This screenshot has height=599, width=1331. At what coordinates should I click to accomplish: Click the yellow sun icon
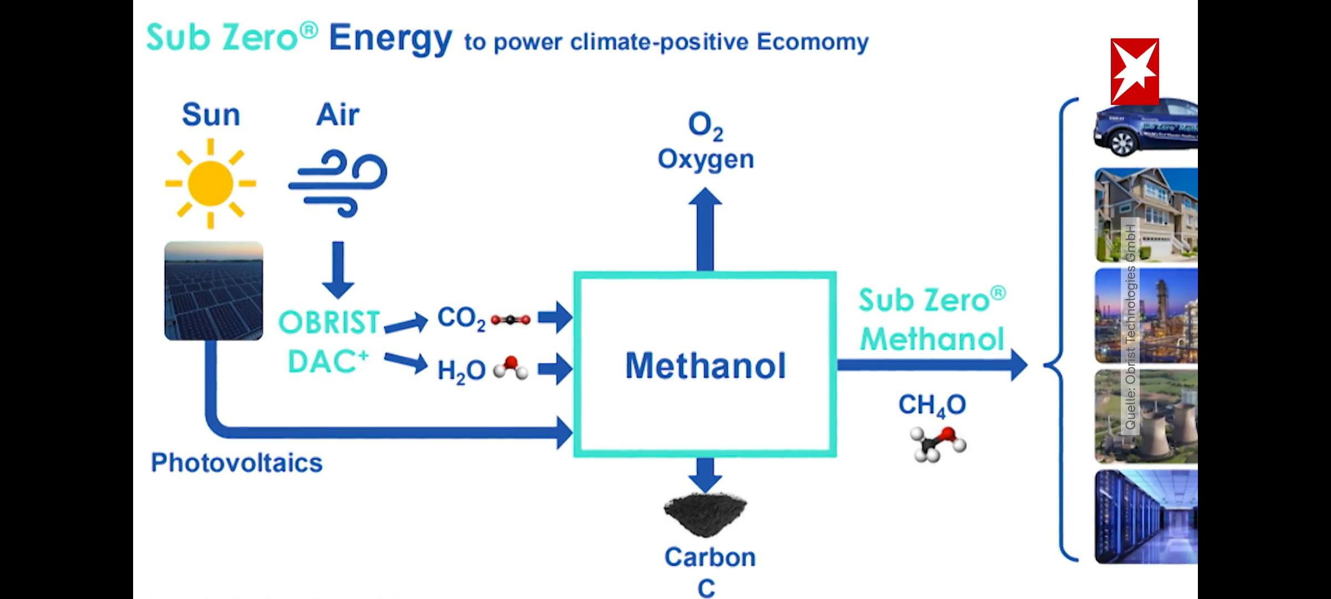pyautogui.click(x=210, y=184)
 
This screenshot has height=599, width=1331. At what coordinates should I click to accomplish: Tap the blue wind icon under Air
pyautogui.click(x=338, y=182)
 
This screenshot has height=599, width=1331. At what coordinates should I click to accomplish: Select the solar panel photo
pyautogui.click(x=214, y=291)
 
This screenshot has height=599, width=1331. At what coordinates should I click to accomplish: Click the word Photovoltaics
pyautogui.click(x=236, y=463)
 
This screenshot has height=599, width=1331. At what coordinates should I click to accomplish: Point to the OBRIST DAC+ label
pyautogui.click(x=328, y=342)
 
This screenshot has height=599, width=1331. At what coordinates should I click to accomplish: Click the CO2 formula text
pyautogui.click(x=461, y=319)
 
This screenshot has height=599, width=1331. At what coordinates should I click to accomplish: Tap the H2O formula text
pyautogui.click(x=461, y=370)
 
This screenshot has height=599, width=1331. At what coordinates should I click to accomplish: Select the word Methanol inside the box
pyautogui.click(x=705, y=366)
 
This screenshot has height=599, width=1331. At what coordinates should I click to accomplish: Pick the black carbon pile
pyautogui.click(x=705, y=514)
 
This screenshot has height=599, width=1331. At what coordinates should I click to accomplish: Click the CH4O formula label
pyautogui.click(x=932, y=405)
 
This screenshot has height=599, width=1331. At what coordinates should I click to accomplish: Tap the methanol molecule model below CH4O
pyautogui.click(x=938, y=444)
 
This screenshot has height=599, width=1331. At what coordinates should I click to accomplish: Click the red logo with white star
pyautogui.click(x=1135, y=72)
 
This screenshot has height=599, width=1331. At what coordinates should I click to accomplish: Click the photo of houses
pyautogui.click(x=1146, y=215)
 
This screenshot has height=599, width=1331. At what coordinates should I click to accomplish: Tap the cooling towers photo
pyautogui.click(x=1146, y=417)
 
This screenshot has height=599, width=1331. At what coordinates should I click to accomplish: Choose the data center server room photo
pyautogui.click(x=1146, y=517)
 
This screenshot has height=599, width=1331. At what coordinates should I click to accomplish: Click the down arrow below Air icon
pyautogui.click(x=338, y=270)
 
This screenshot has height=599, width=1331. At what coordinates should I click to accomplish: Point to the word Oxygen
pyautogui.click(x=705, y=160)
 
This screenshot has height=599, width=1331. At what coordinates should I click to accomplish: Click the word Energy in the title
pyautogui.click(x=390, y=39)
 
